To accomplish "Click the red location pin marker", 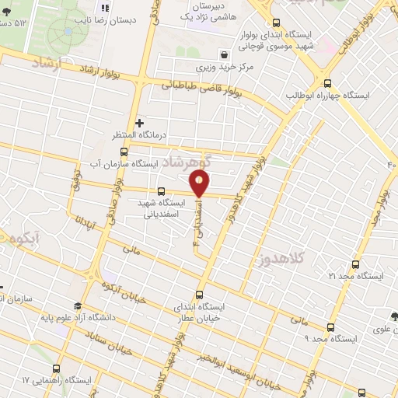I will (200, 183).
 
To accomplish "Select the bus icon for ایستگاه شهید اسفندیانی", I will (161, 191).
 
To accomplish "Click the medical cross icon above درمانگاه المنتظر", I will (139, 123).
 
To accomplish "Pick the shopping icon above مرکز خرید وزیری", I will (225, 55).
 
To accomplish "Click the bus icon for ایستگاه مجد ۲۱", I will (355, 264).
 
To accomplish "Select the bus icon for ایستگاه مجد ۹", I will (331, 327).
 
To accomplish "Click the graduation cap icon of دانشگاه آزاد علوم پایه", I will (77, 305).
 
